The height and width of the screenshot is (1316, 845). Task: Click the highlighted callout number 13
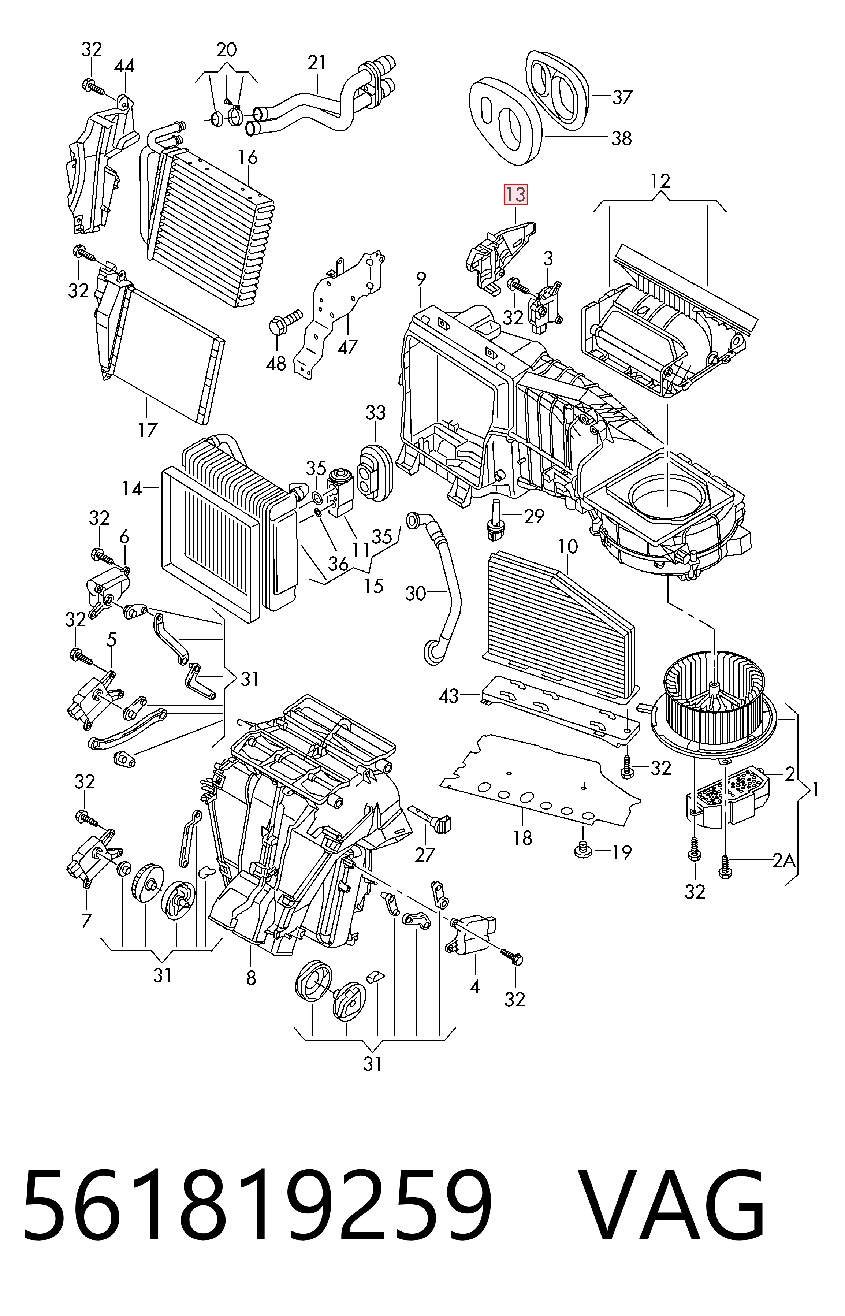pyautogui.click(x=516, y=195)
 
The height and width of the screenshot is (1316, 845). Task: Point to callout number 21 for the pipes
pyautogui.click(x=317, y=63)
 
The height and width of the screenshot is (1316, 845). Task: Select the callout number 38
pyautogui.click(x=622, y=138)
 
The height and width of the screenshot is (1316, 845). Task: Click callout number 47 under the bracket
pyautogui.click(x=347, y=346)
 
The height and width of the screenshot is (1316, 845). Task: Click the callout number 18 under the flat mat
pyautogui.click(x=523, y=838)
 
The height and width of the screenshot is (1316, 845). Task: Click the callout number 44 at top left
pyautogui.click(x=124, y=66)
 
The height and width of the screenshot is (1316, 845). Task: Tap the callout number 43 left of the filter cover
pyautogui.click(x=449, y=696)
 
